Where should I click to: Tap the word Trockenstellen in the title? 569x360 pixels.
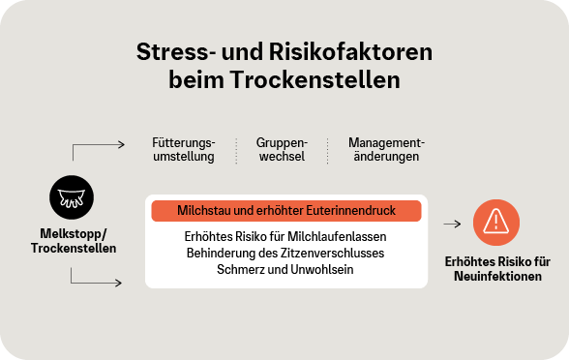[328, 80]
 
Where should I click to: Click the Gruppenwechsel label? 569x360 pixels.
[282, 149]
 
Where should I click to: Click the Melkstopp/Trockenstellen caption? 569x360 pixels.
[78, 241]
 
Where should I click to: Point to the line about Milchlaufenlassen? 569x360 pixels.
[285, 236]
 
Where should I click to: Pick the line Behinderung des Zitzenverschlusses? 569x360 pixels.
[285, 253]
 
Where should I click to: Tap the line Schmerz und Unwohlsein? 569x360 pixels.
[285, 269]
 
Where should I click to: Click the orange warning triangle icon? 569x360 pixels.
[495, 223]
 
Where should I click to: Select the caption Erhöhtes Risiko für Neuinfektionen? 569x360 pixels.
[496, 268]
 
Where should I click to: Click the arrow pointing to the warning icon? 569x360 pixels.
[451, 223]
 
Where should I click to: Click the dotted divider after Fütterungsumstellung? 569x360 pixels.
[237, 150]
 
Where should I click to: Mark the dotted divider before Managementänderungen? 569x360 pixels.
[327, 150]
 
